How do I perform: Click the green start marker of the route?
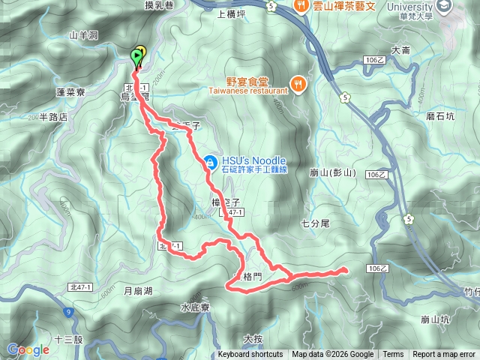pos(136,55)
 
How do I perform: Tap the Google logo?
pos(28,349)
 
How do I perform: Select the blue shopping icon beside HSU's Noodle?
pos(211,161)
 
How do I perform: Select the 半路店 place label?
pos(53,118)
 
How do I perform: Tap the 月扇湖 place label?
pos(138,290)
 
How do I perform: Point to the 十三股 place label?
pos(68,340)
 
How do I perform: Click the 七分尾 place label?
pos(315,223)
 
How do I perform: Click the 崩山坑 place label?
pos(436,319)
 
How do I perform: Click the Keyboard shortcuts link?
pos(250,355)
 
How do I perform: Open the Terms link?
pos(393,355)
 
